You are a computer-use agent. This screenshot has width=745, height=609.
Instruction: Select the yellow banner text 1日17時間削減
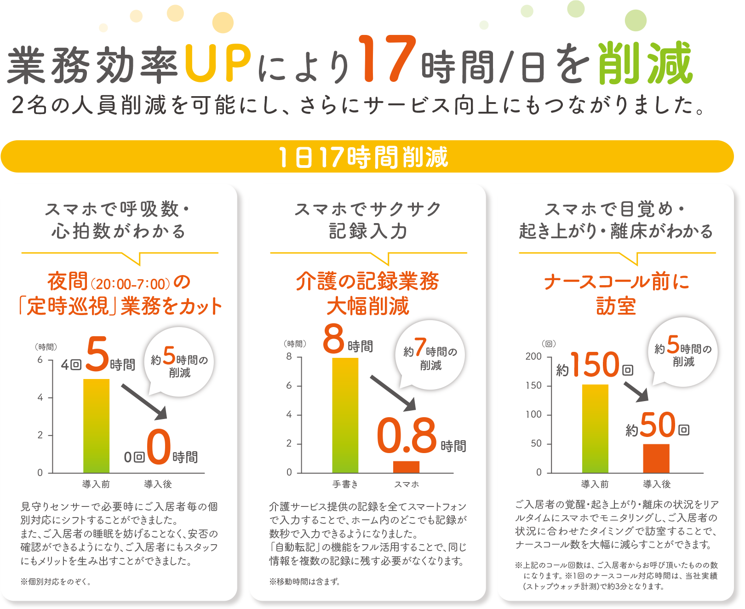[x=363, y=157]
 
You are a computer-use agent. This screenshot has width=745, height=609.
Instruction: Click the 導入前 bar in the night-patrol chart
[x=96, y=425]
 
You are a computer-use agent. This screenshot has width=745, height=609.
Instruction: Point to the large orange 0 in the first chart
[x=159, y=446]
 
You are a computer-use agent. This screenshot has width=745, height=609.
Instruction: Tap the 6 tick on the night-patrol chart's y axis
[x=40, y=360]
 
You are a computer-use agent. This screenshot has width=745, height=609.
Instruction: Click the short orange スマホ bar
[x=406, y=466]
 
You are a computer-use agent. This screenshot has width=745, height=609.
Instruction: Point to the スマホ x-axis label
[x=407, y=484]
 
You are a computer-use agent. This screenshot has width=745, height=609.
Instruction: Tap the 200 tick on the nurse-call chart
[x=533, y=356]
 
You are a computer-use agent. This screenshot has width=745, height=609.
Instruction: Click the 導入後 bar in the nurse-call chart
[x=656, y=458]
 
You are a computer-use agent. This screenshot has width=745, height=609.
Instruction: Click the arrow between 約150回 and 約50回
[x=636, y=391]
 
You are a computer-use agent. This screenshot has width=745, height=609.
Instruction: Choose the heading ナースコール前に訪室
[x=616, y=293]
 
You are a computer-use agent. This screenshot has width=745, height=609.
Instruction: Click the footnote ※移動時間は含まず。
[x=304, y=581]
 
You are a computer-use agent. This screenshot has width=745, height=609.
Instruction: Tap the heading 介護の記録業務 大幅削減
[x=367, y=293]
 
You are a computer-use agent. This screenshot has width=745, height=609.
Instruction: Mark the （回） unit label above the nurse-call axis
[x=549, y=344]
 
